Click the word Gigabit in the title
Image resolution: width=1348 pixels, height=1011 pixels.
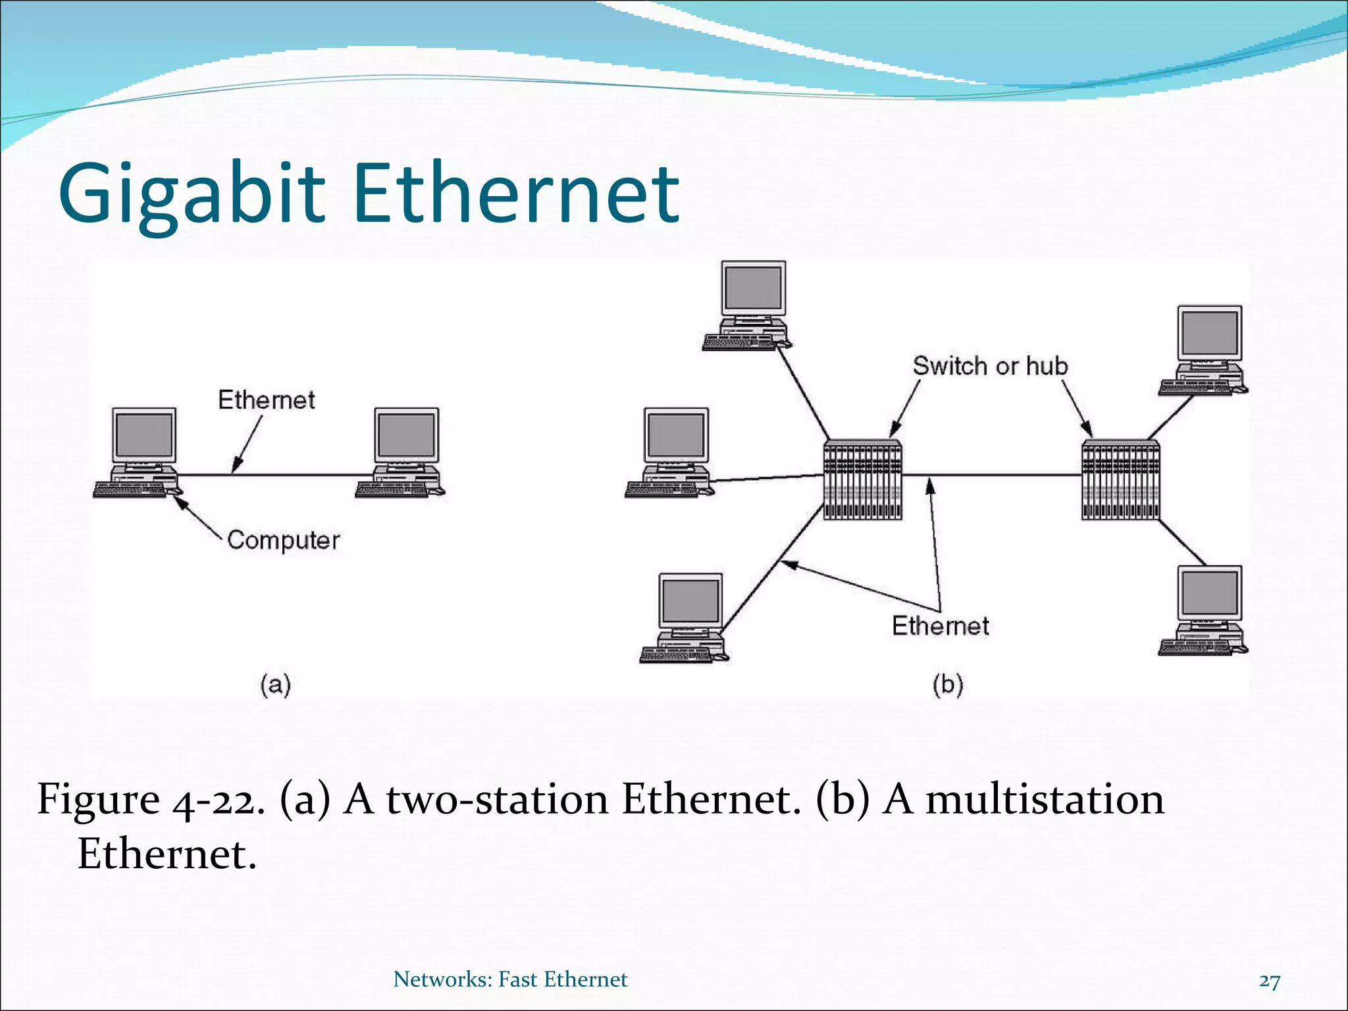coord(191,194)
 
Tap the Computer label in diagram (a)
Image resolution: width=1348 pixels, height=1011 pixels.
coord(283,540)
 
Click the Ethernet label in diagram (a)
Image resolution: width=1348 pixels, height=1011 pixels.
coord(267,400)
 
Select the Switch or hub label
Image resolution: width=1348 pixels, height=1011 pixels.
coord(989,366)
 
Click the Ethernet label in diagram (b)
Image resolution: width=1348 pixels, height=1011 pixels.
coord(940,625)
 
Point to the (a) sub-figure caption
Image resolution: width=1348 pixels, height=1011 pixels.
coord(275,685)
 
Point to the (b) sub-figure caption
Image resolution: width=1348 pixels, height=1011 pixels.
coord(947,685)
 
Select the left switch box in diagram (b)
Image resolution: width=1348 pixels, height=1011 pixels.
coord(862,479)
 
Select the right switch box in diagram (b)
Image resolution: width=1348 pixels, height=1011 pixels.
coord(1120,479)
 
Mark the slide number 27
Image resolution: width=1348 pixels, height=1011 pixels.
coord(1269,981)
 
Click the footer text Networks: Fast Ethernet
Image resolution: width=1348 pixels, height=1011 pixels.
coord(510,979)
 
